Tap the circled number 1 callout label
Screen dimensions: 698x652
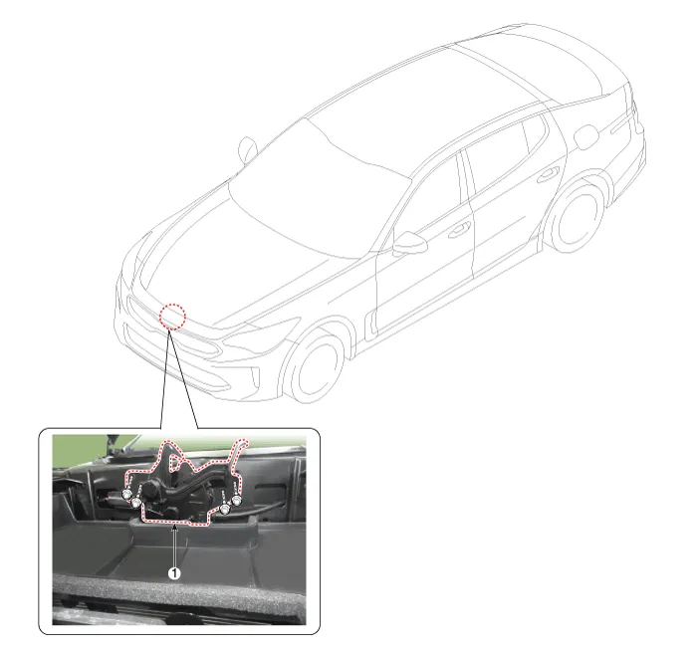174,573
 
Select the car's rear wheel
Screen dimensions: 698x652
577,218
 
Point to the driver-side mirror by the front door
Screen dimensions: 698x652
408,243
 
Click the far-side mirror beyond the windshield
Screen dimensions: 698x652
248,149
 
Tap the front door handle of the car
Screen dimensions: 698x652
459,230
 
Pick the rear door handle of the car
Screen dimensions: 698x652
548,175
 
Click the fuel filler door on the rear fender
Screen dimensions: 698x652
586,136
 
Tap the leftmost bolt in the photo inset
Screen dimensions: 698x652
126,494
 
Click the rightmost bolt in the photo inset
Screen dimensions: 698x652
236,501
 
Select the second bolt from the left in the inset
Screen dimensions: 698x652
135,503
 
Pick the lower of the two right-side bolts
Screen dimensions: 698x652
226,509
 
